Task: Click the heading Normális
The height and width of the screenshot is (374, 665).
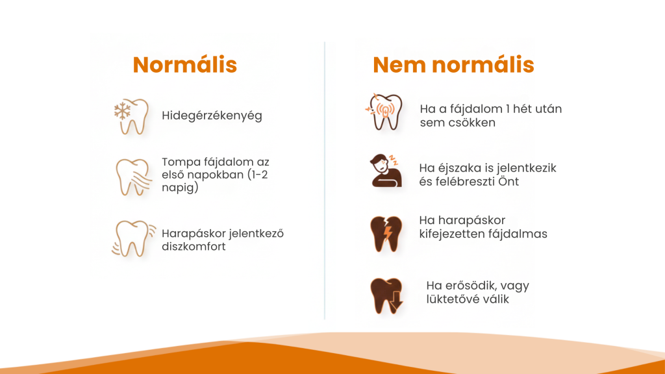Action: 184,65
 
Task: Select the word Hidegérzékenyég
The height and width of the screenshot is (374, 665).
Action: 212,116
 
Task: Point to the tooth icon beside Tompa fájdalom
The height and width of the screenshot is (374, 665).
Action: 132,175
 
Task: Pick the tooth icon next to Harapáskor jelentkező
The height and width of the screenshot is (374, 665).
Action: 132,238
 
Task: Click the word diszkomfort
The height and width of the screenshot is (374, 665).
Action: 194,247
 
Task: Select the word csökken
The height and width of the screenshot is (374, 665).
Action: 467,122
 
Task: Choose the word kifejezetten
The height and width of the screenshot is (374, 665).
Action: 455,234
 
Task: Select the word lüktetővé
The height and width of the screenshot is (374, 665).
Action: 454,299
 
